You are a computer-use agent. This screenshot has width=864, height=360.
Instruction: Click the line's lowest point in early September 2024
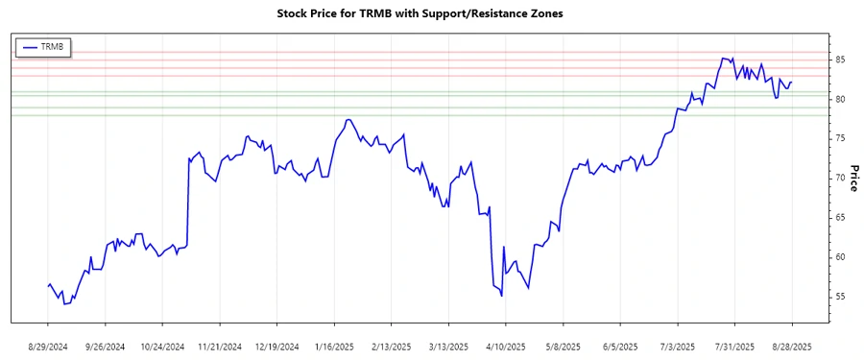pos(64,303)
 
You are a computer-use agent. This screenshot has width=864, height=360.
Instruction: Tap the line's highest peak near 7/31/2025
pos(723,58)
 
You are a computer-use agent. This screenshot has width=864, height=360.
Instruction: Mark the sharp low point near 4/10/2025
pos(502,296)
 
